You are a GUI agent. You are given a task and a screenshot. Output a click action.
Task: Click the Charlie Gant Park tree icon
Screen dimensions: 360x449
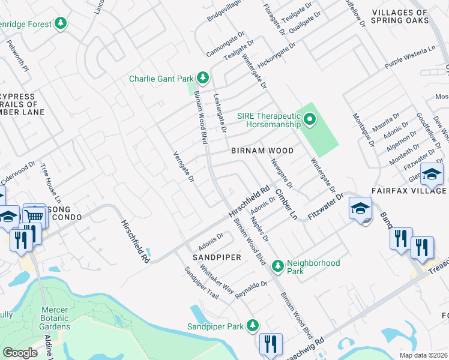[x=203, y=77]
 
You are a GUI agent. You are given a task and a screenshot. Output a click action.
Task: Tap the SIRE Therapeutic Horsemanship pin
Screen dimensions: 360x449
[x=309, y=119]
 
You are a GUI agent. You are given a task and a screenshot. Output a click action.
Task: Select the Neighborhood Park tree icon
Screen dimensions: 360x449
[x=277, y=264]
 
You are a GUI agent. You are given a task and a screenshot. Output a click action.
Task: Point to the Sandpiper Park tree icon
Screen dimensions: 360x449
[x=253, y=326]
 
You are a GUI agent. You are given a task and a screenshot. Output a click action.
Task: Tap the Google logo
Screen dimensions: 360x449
[x=20, y=352]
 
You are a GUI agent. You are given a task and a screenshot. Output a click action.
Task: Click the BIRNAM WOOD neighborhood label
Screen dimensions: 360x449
[x=262, y=151]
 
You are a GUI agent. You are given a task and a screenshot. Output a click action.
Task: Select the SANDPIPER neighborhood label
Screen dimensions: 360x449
[x=217, y=257]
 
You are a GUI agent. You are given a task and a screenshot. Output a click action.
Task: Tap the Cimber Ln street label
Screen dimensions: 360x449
[x=286, y=205]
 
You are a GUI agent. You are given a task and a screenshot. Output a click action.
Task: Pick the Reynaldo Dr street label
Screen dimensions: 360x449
[x=251, y=289]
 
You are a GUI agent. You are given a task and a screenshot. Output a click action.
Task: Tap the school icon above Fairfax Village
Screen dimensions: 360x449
[x=431, y=174]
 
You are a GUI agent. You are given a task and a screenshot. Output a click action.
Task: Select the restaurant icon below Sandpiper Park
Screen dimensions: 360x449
[x=270, y=344]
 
